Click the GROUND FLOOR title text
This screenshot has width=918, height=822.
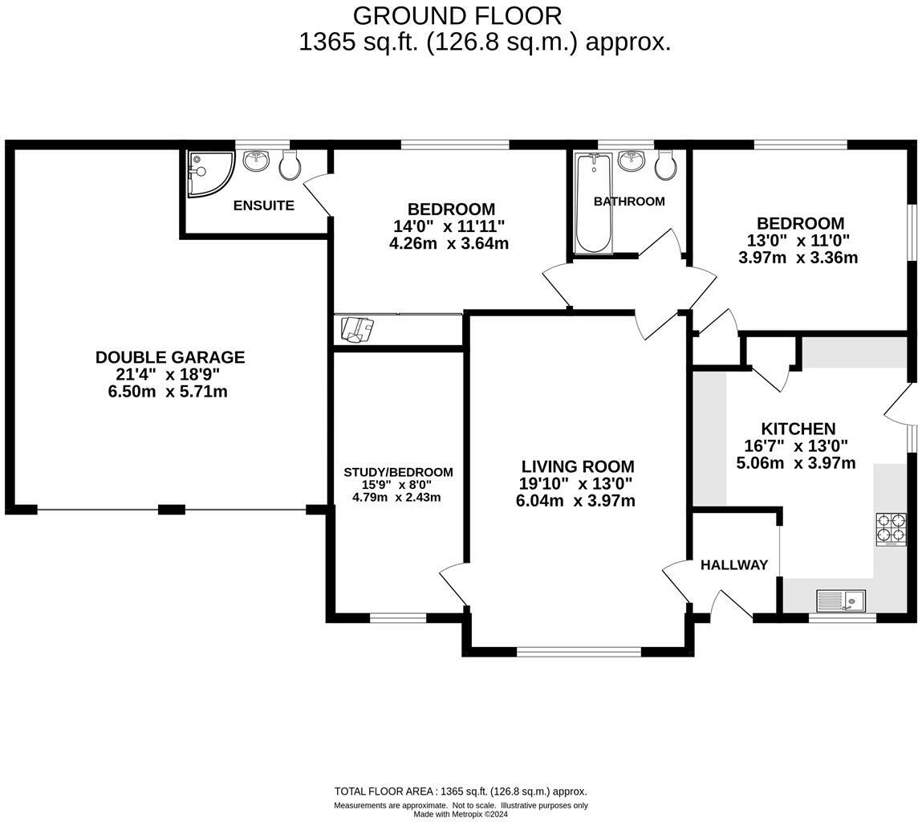[x=457, y=15]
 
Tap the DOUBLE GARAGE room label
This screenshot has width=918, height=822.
[x=169, y=357]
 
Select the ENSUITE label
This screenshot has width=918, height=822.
[x=263, y=205]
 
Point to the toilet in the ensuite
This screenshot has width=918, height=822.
[x=290, y=165]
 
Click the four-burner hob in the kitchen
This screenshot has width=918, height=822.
[x=891, y=529]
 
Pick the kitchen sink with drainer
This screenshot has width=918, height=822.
[x=840, y=600]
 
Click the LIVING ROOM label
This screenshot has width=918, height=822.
[x=577, y=466]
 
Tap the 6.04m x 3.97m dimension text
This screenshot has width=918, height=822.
[x=575, y=501]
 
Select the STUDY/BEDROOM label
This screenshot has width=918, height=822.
[x=398, y=472]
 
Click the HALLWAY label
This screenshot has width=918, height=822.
[x=733, y=565]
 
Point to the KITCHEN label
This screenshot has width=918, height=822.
[x=798, y=429]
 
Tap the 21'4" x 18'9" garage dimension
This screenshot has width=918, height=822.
[x=168, y=374]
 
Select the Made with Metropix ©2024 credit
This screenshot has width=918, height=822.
[x=461, y=814]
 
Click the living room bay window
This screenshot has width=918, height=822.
[x=579, y=651]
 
